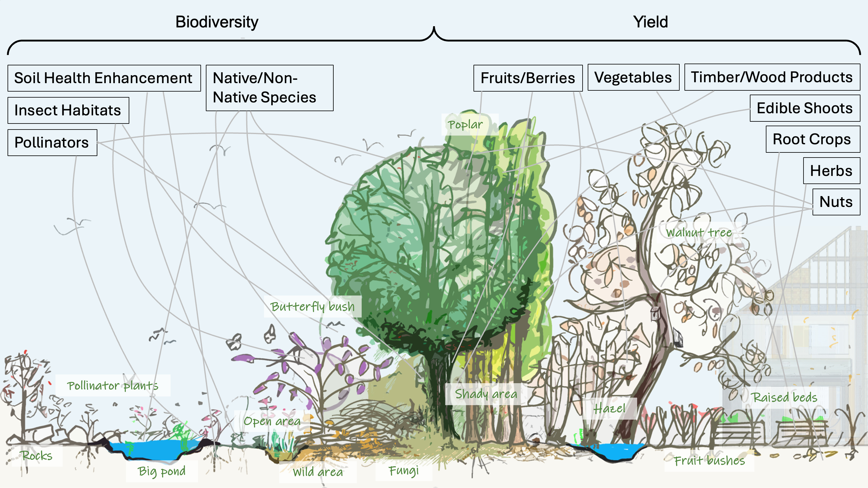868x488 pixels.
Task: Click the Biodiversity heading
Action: tap(217, 22)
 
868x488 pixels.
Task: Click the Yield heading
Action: tap(650, 22)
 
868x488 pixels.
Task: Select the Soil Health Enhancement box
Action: tap(104, 78)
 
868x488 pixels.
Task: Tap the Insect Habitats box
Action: tap(68, 111)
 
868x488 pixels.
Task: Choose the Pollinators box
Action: tap(52, 142)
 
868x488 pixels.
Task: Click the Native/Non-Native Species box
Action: tap(269, 88)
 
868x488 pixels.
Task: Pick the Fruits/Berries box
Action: tap(528, 78)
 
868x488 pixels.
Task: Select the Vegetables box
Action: tap(633, 77)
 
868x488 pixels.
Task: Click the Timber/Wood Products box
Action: tap(772, 77)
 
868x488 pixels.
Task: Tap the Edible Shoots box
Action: tap(805, 108)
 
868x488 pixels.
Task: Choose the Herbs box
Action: tap(831, 171)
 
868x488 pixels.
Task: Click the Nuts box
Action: tap(836, 202)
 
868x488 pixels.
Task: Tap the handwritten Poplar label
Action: tap(465, 125)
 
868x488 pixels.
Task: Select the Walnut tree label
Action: tap(699, 232)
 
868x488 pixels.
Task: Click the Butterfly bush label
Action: tap(312, 306)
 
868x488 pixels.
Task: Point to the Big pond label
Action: tap(162, 471)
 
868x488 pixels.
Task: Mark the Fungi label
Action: tap(403, 470)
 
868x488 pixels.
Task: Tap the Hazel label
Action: tap(609, 408)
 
